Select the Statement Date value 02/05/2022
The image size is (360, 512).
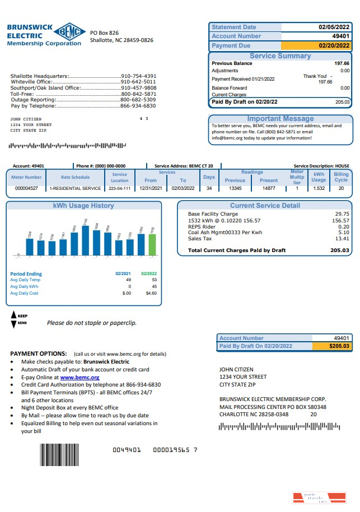334,27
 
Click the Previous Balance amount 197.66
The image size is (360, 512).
342,64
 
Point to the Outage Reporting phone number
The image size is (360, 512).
138,100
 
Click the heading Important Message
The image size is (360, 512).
280,119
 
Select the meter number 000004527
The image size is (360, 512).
26,189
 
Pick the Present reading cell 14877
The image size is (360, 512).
269,189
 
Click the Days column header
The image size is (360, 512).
209,177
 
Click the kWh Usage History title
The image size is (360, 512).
83,206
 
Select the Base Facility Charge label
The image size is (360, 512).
213,214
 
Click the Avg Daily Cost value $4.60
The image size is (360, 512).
151,293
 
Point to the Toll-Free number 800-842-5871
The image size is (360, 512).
138,94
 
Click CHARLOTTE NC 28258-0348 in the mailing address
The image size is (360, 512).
254,415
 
